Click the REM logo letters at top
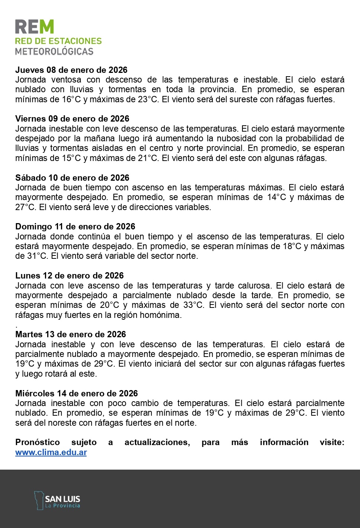pos(35,27)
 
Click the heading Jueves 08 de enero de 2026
pos(71,70)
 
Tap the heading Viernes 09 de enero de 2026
pos(72,119)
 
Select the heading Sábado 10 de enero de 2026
pos(72,178)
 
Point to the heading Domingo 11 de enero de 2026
pos(75,226)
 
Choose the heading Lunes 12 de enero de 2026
pos(69,276)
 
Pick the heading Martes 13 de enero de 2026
pos(71,334)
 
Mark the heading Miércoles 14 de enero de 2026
pos(76,393)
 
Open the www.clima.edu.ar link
pos(51,453)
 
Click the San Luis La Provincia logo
pos(57,500)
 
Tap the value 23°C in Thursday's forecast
pos(149,99)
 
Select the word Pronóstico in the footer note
pos(37,442)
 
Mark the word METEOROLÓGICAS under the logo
pos(54,51)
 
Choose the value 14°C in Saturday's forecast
pos(277,197)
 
